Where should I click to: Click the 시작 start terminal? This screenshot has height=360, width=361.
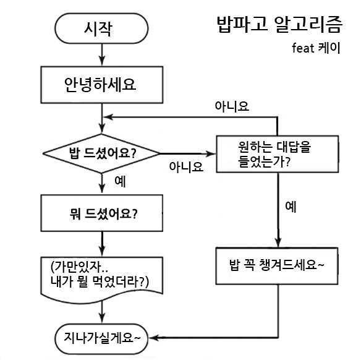pyautogui.click(x=101, y=28)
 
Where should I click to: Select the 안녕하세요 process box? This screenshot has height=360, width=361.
pyautogui.click(x=101, y=85)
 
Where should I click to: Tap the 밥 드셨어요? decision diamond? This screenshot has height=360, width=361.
pyautogui.click(x=101, y=153)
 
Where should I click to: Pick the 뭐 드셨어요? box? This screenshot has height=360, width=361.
pyautogui.click(x=101, y=213)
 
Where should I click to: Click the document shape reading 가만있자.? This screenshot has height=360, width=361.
pyautogui.click(x=101, y=275)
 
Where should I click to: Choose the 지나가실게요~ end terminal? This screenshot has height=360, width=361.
pyautogui.click(x=101, y=338)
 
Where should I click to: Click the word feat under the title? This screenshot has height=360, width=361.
pyautogui.click(x=304, y=48)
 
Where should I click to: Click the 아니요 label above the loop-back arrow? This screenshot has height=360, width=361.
pyautogui.click(x=231, y=106)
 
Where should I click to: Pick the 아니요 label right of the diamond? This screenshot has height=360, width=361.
pyautogui.click(x=186, y=166)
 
